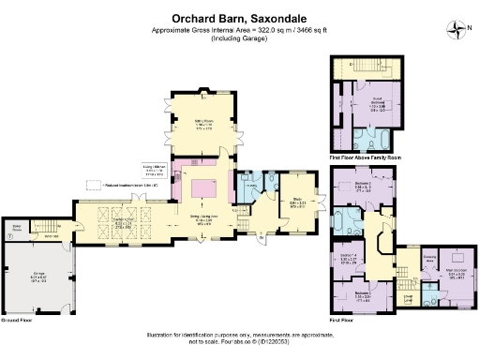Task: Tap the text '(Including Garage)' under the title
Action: pos(240,40)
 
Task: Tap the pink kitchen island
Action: pos(204,190)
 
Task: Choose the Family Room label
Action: pos(122,222)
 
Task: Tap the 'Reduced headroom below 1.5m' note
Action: pos(131,186)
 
